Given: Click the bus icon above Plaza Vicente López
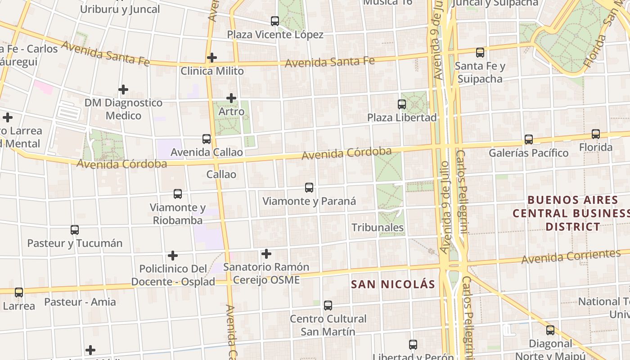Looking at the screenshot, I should (275, 21).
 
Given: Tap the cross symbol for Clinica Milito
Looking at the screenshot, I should (212, 58).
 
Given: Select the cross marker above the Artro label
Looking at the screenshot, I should (231, 98).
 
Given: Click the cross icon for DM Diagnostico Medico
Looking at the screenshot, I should (123, 90).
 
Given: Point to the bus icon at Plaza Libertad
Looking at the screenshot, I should (402, 104).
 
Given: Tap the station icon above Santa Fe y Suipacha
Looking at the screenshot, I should (480, 53).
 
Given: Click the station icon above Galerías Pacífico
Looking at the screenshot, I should (529, 139).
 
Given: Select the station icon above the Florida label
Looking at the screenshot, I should (596, 134).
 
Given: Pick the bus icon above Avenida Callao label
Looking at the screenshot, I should (207, 139).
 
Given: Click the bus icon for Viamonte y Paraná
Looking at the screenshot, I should (309, 188).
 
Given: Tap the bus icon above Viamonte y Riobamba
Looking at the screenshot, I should (178, 194).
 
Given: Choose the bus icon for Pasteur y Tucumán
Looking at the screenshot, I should (75, 230).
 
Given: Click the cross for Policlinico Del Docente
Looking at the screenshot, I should (173, 256).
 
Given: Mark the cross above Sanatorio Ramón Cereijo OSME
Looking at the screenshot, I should (266, 254).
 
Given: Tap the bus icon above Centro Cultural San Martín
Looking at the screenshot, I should (328, 306).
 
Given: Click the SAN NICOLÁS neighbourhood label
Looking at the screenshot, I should (393, 284).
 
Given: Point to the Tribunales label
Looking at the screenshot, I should (378, 228).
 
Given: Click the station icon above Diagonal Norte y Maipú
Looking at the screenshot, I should (550, 330).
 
